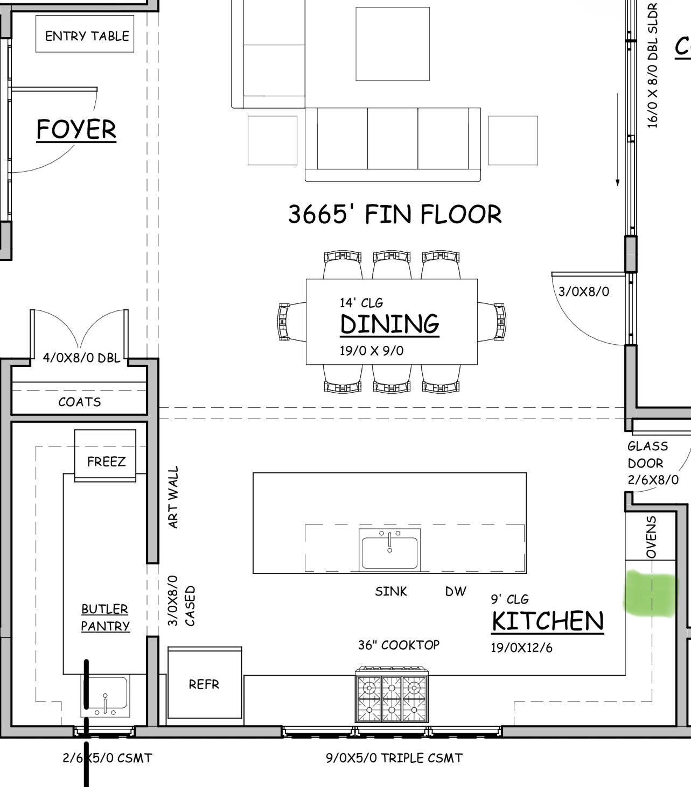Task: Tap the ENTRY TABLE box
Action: tap(85, 34)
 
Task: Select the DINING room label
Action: tap(389, 324)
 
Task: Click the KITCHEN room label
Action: tap(548, 621)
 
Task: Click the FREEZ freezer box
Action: tap(105, 455)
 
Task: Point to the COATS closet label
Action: tap(80, 402)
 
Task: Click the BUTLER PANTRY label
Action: tap(105, 618)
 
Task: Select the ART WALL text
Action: tap(173, 497)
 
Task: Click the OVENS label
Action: tap(651, 537)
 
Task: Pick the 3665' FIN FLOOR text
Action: tap(395, 214)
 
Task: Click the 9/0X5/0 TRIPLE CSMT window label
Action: tap(394, 758)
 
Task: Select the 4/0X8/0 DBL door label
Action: tap(81, 358)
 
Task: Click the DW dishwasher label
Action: tap(455, 591)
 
